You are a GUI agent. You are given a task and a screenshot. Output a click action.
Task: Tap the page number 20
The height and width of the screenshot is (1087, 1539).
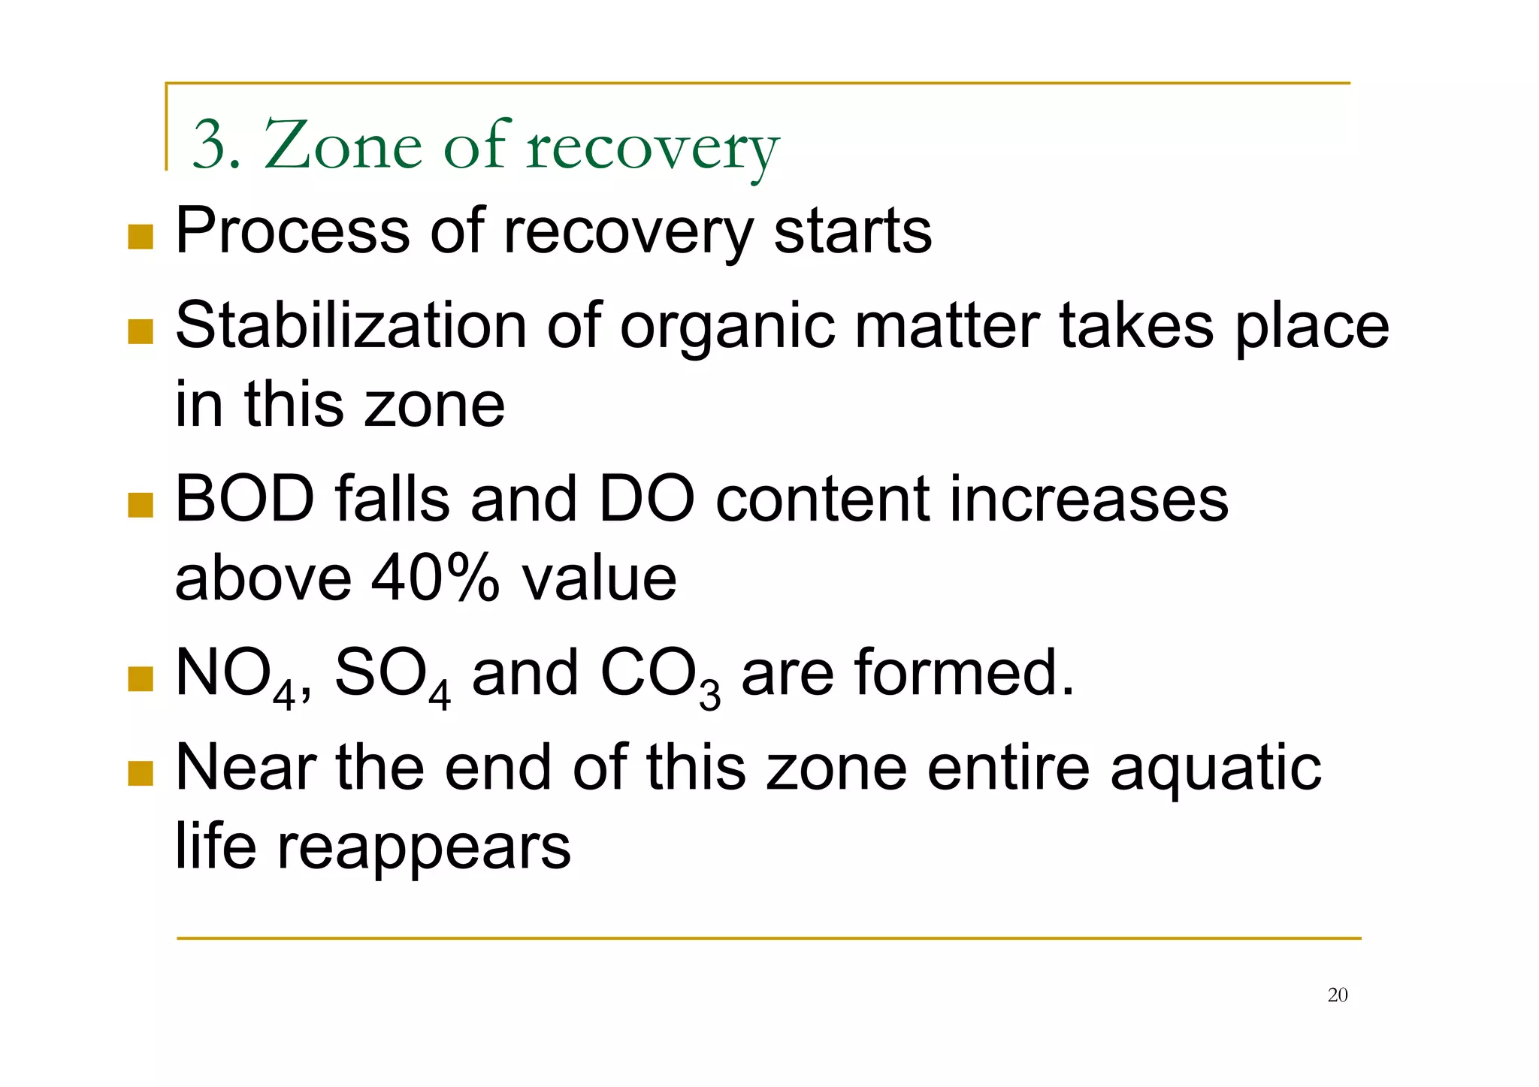1338,995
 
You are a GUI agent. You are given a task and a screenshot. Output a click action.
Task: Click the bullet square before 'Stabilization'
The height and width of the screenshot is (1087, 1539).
141,331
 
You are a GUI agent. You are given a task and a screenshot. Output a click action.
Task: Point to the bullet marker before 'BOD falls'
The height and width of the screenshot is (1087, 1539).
141,505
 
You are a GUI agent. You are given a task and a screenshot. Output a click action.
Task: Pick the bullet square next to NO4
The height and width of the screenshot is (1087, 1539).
141,678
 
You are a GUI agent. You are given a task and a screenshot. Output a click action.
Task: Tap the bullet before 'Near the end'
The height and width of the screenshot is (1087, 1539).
141,773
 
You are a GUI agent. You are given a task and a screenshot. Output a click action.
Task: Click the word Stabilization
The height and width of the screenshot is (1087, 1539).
351,326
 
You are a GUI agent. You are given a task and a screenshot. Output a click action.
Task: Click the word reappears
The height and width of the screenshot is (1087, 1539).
424,847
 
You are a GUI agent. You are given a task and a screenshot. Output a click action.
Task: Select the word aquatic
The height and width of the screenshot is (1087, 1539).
1215,769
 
